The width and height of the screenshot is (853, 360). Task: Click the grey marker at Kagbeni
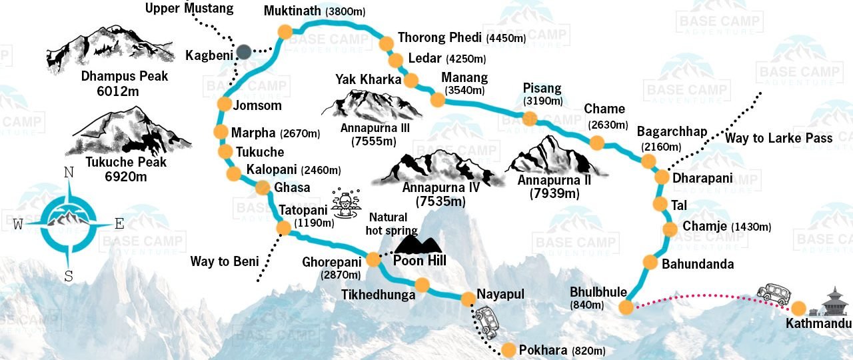click(243, 51)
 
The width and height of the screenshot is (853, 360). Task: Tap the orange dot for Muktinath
click(285, 31)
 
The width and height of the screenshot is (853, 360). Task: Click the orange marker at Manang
click(437, 100)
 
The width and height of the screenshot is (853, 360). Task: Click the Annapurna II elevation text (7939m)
click(554, 194)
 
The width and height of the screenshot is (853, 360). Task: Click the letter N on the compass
click(69, 173)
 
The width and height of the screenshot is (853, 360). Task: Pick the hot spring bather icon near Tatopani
click(345, 201)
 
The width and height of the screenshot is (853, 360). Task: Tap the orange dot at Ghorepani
click(373, 257)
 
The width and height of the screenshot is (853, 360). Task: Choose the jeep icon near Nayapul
click(487, 321)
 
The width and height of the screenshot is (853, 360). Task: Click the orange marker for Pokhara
click(508, 349)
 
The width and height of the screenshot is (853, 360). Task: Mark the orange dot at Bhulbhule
click(625, 307)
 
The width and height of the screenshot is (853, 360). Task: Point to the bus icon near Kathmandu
click(774, 293)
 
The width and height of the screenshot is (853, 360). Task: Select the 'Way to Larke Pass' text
click(779, 138)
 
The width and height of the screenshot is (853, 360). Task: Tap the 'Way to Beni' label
click(224, 261)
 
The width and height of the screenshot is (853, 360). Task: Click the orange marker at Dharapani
click(662, 177)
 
